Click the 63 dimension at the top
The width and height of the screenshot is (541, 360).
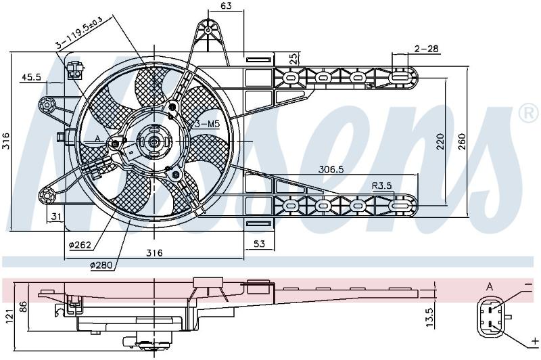[226, 5]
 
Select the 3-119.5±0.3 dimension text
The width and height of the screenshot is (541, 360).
[80, 32]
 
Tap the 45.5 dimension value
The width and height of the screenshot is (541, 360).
[31, 77]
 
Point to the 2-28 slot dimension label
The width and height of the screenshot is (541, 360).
[427, 49]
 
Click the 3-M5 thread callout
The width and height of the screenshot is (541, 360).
[208, 125]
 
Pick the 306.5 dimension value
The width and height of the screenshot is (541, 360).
[331, 169]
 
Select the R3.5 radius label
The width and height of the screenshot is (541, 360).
[382, 185]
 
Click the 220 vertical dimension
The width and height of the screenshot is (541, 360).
[441, 141]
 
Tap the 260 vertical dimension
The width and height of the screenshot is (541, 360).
[462, 141]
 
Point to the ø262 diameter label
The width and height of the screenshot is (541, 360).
[80, 245]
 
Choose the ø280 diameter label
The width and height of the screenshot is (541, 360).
[101, 265]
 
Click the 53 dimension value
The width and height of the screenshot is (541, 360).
[259, 244]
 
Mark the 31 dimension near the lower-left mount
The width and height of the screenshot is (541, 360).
[56, 217]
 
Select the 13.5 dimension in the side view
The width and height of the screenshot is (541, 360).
[429, 317]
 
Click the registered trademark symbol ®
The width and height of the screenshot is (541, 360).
[529, 113]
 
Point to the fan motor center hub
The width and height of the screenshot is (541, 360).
[154, 141]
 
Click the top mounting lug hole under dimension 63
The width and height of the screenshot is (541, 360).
[208, 30]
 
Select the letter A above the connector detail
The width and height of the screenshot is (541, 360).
[489, 286]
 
